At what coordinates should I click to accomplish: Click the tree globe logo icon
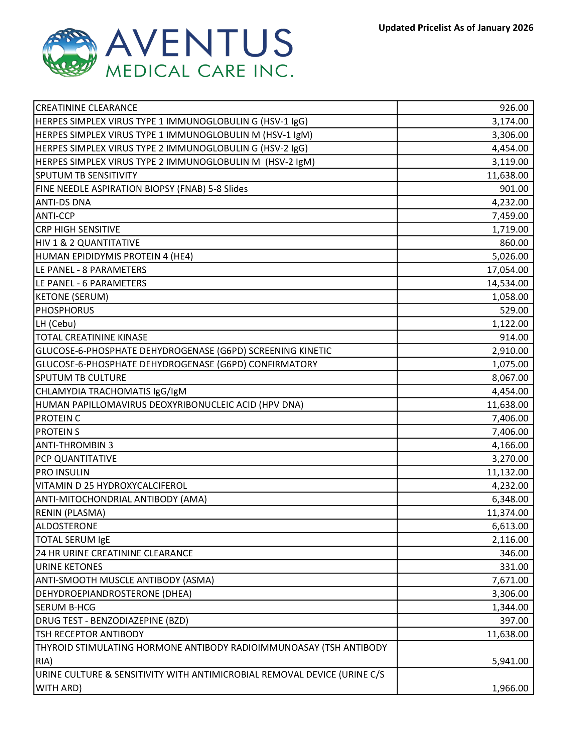[x=70, y=53]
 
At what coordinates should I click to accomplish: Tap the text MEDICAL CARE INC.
[x=199, y=71]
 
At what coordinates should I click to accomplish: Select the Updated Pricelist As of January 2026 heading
[x=456, y=28]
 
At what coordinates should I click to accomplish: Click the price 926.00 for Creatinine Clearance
[x=514, y=108]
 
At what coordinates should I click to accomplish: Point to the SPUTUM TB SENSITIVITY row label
[x=87, y=175]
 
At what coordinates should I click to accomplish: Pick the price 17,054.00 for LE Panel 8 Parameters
[x=508, y=270]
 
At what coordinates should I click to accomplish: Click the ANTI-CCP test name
[x=55, y=216]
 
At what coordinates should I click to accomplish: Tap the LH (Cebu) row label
[x=56, y=324]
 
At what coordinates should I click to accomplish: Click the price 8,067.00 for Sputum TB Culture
[x=510, y=378]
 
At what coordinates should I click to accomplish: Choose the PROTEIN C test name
[x=58, y=418]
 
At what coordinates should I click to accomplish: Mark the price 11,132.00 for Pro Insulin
[x=508, y=472]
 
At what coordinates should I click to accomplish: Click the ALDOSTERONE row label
[x=66, y=526]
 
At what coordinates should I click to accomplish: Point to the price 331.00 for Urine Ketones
[x=514, y=566]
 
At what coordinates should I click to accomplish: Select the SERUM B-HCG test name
[x=65, y=607]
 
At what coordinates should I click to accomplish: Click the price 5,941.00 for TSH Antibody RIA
[x=510, y=661]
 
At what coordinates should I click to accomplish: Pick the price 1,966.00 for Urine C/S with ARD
[x=510, y=688]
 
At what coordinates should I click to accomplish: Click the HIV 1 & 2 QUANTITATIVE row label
[x=88, y=243]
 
